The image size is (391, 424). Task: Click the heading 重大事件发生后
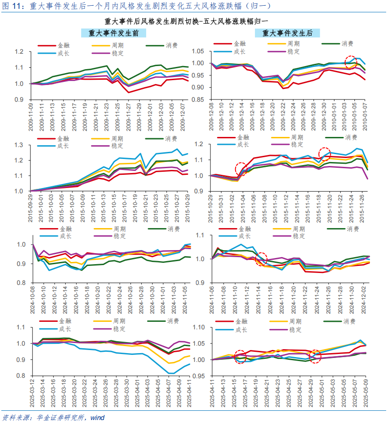[287, 33]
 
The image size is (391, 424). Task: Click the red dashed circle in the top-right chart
[350, 62]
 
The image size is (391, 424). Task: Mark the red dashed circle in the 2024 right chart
[261, 258]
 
